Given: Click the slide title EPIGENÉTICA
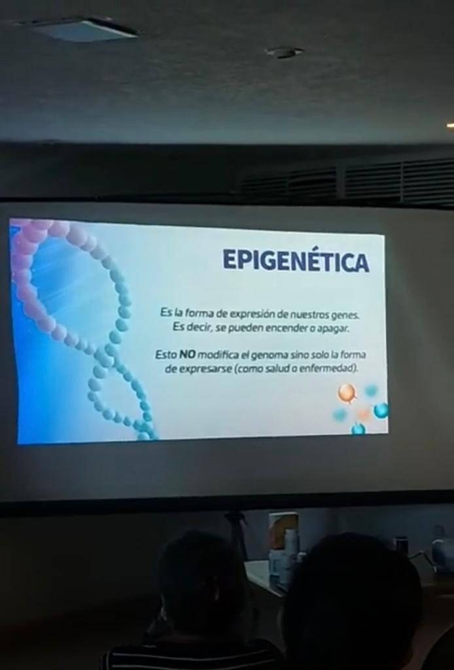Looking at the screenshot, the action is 296,260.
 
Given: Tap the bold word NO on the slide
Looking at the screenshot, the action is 186,354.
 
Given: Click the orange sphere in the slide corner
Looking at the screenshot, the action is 347,393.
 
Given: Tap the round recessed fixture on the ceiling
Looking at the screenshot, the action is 285,52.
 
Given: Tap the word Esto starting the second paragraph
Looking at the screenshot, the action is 166,354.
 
